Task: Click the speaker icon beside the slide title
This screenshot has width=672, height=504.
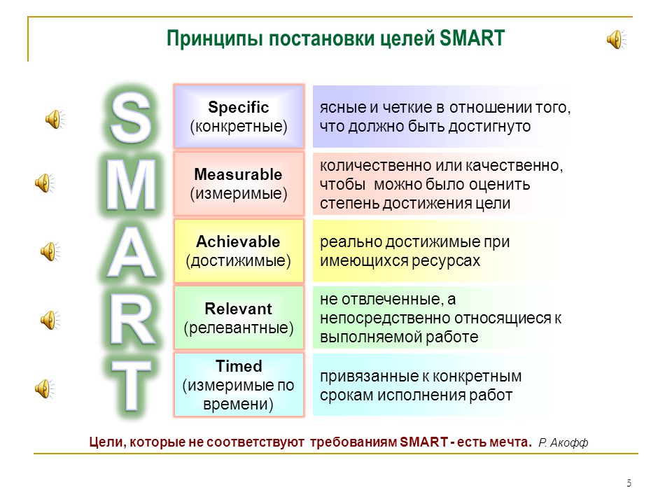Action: (616, 39)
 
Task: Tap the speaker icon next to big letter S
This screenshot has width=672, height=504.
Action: (55, 119)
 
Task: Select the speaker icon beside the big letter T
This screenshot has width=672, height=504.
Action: (45, 388)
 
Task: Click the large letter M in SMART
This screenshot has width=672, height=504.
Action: (131, 185)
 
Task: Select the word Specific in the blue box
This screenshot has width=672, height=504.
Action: (238, 107)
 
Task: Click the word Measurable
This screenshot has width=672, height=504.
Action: (238, 174)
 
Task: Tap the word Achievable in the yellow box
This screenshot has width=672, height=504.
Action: (238, 241)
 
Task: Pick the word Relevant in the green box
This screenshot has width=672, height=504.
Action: (238, 309)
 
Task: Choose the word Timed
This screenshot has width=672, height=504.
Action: (239, 366)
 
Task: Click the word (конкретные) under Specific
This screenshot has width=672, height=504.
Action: (239, 127)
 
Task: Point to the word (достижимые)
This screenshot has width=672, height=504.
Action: (238, 260)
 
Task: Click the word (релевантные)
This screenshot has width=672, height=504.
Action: (239, 328)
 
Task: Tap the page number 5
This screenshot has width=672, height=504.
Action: (629, 483)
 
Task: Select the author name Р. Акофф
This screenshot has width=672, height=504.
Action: (563, 442)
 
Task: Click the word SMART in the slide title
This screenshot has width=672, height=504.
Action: (472, 38)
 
